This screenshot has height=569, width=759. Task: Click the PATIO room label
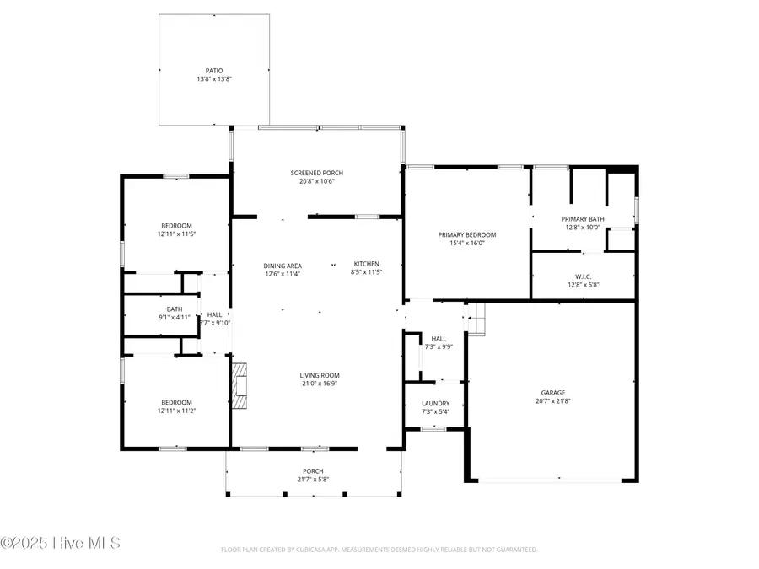pyautogui.click(x=214, y=71)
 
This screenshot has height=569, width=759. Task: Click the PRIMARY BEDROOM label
pyautogui.click(x=466, y=234)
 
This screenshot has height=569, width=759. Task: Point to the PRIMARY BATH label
pyautogui.click(x=582, y=219)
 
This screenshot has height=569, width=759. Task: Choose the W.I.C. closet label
pyautogui.click(x=582, y=276)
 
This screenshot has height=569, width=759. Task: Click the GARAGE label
pyautogui.click(x=553, y=392)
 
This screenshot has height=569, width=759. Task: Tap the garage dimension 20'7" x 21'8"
pyautogui.click(x=553, y=401)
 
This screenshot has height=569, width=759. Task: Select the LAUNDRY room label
pyautogui.click(x=435, y=404)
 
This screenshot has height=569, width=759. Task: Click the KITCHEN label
pyautogui.click(x=367, y=264)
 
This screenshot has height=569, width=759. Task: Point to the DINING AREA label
pyautogui.click(x=283, y=266)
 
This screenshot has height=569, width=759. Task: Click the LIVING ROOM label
pyautogui.click(x=320, y=375)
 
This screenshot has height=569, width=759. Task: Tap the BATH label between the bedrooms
pyautogui.click(x=175, y=309)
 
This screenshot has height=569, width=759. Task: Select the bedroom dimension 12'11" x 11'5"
pyautogui.click(x=177, y=234)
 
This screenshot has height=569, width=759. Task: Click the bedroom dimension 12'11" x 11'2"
pyautogui.click(x=177, y=411)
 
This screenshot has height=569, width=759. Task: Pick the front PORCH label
pyautogui.click(x=313, y=471)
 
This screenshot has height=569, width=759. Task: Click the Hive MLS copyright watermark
pyautogui.click(x=61, y=542)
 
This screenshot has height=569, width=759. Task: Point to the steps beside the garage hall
pyautogui.click(x=477, y=318)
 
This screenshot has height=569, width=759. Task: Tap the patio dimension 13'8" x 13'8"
pyautogui.click(x=214, y=79)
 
